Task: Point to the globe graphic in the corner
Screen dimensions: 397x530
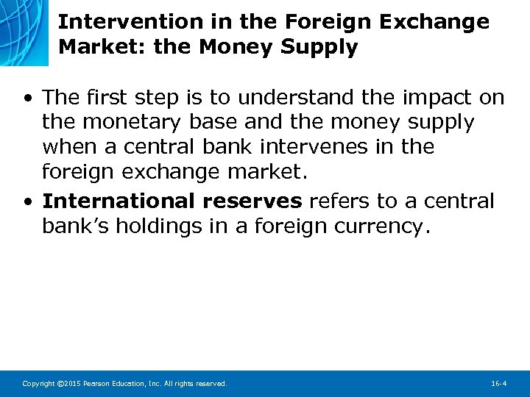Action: [x=26, y=29]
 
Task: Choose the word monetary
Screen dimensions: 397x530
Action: [x=119, y=122]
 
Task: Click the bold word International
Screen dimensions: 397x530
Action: [x=119, y=201]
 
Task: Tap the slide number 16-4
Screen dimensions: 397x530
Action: [x=498, y=383]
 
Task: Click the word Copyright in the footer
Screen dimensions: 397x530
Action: [x=39, y=383]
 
